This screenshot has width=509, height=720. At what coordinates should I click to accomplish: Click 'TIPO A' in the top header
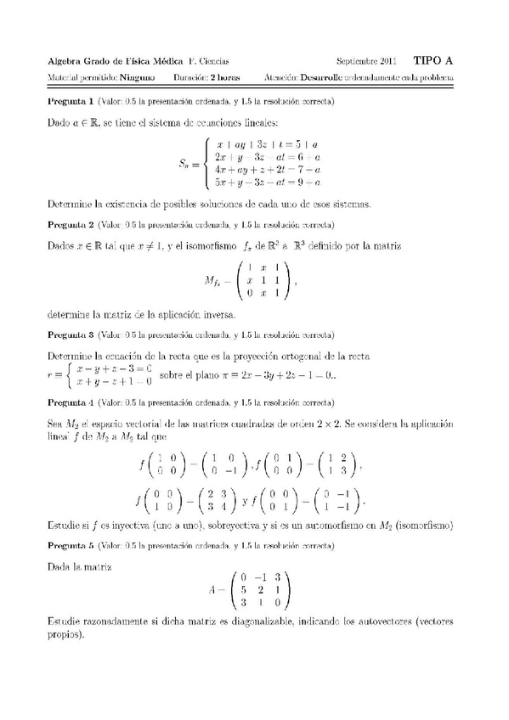[x=433, y=60]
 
